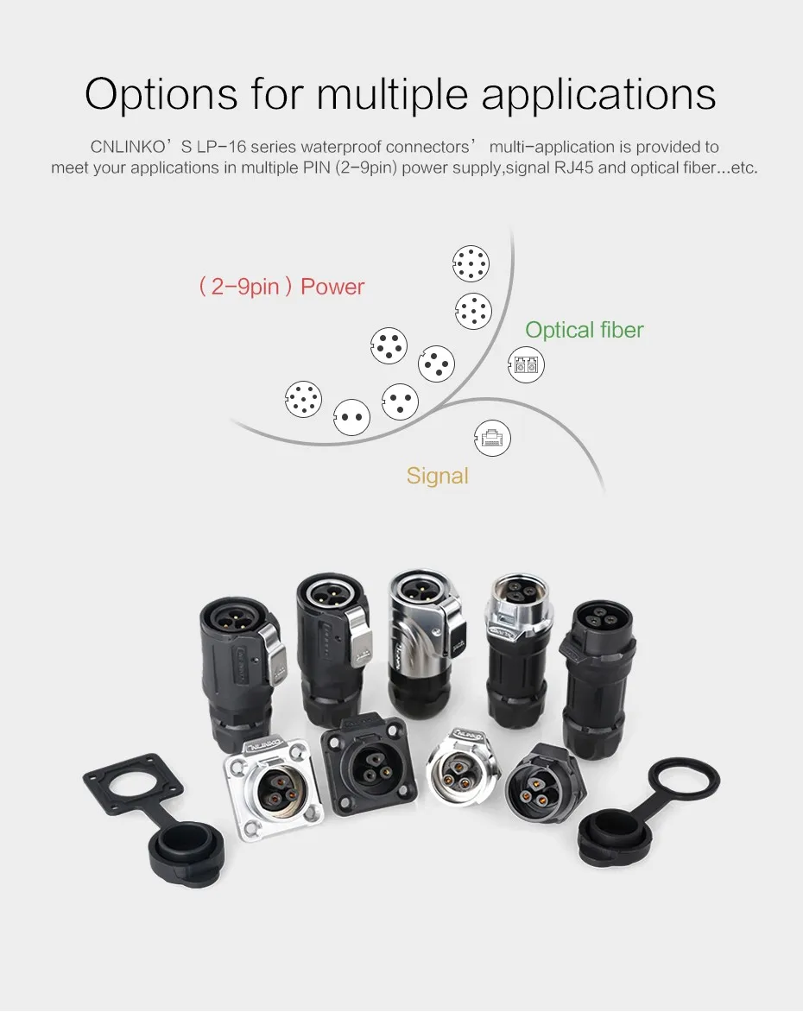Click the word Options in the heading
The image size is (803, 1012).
point(161,94)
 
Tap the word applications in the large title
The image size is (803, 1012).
point(598,95)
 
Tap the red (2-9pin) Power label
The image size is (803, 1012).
point(281,287)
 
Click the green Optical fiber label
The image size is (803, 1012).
point(584,330)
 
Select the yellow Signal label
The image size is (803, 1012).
point(437,476)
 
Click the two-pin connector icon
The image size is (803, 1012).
point(351,416)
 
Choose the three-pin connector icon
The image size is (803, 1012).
point(400,401)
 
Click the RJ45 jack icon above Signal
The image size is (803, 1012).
point(492,439)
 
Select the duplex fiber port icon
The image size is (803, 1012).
point(526,365)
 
